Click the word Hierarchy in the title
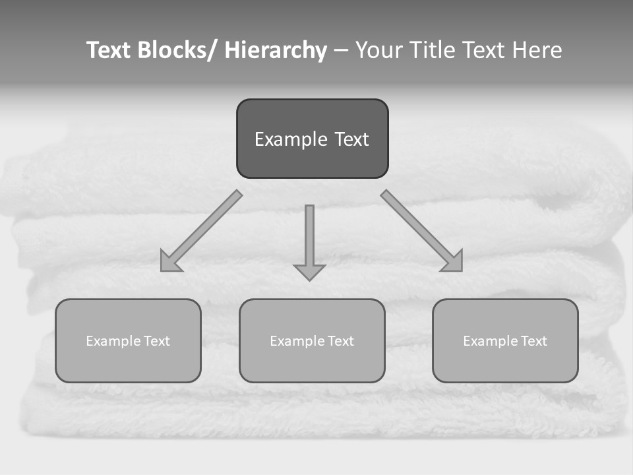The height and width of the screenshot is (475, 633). click(276, 50)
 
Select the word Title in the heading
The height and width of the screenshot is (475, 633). click(435, 50)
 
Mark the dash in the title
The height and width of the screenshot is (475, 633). click(341, 50)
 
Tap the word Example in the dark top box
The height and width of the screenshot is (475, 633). click(291, 139)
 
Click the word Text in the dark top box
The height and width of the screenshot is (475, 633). click(351, 139)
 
